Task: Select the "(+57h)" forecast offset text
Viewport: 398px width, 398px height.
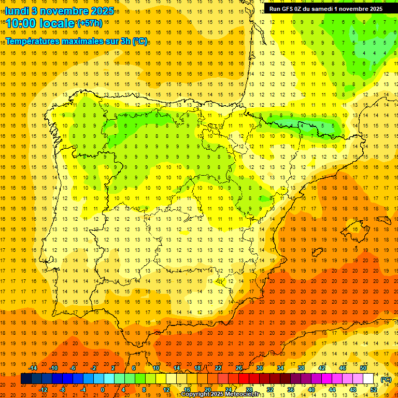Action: pyautogui.click(x=90, y=23)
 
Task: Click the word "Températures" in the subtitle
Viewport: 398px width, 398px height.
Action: pyautogui.click(x=32, y=41)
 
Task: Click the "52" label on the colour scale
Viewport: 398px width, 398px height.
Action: pyautogui.click(x=374, y=390)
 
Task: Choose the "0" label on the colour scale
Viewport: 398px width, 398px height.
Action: pyautogui.click(x=103, y=390)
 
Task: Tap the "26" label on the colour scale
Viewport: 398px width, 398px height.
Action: pyautogui.click(x=239, y=368)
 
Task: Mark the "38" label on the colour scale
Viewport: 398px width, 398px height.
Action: pyautogui.click(x=301, y=368)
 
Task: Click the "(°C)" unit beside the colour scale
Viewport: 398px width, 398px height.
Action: pyautogui.click(x=386, y=379)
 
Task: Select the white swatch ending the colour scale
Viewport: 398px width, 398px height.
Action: pyautogui.click(x=368, y=379)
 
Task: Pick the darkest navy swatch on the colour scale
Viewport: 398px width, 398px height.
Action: pyautogui.click(x=26, y=379)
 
